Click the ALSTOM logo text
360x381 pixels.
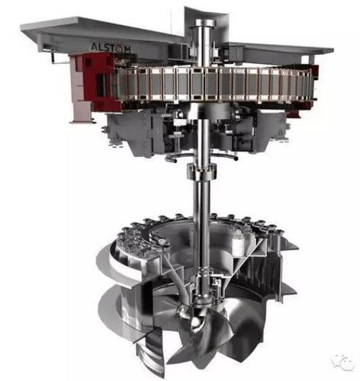(111, 48)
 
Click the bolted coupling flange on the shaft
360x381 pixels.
(201, 171)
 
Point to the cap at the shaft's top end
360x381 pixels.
(205, 23)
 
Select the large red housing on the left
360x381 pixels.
(98, 82)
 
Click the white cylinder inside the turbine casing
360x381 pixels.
(239, 243)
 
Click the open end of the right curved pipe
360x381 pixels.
(236, 158)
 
